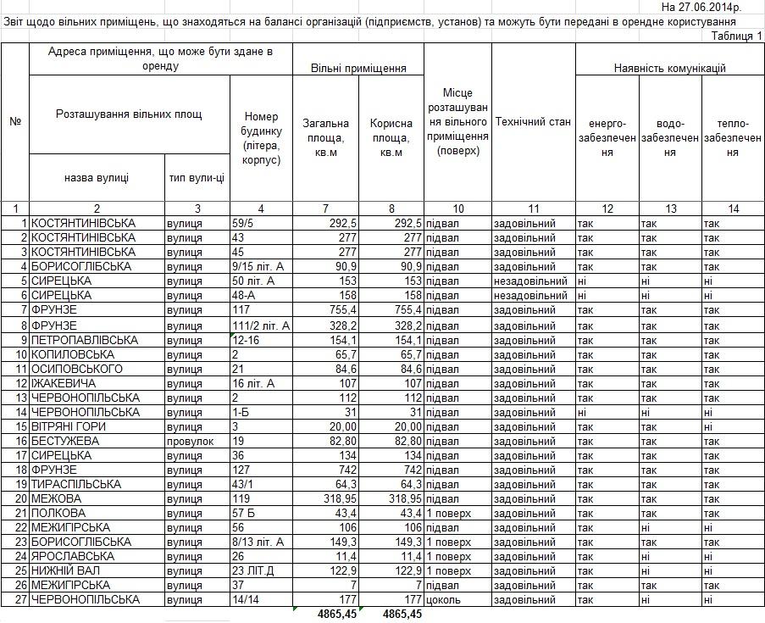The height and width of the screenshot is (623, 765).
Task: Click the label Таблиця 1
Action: tap(736, 36)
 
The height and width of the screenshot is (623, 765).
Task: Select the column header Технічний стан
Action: tap(533, 122)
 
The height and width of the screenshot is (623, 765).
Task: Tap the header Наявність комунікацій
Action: tap(669, 69)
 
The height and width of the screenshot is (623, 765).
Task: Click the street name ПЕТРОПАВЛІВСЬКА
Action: tap(85, 340)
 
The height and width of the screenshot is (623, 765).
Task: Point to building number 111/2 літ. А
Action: tap(261, 325)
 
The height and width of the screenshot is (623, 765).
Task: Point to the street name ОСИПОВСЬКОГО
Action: tap(77, 369)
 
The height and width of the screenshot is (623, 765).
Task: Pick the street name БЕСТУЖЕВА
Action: tap(65, 441)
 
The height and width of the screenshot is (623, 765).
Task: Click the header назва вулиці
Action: tap(96, 178)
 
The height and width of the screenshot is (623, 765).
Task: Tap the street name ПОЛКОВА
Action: tap(58, 513)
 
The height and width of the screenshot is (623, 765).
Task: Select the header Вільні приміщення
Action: tap(358, 69)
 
